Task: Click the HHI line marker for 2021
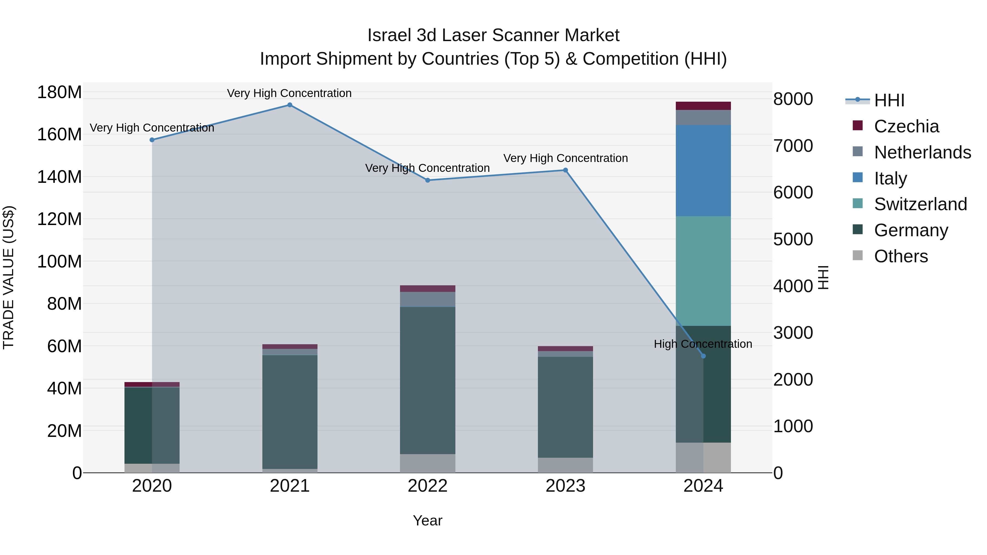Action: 290,105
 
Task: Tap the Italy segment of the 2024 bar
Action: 703,170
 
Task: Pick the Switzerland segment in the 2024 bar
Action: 703,271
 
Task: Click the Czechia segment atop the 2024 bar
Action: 703,106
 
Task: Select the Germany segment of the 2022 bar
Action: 428,380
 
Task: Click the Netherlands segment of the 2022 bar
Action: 428,299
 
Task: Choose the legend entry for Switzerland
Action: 920,204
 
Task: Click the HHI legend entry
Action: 889,100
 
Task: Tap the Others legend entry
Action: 900,256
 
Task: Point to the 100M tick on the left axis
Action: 59,262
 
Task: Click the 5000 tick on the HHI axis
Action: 793,239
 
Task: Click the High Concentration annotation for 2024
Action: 703,344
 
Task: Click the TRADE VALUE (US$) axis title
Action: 8,277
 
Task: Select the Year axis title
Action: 428,520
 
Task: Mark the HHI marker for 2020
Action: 152,140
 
